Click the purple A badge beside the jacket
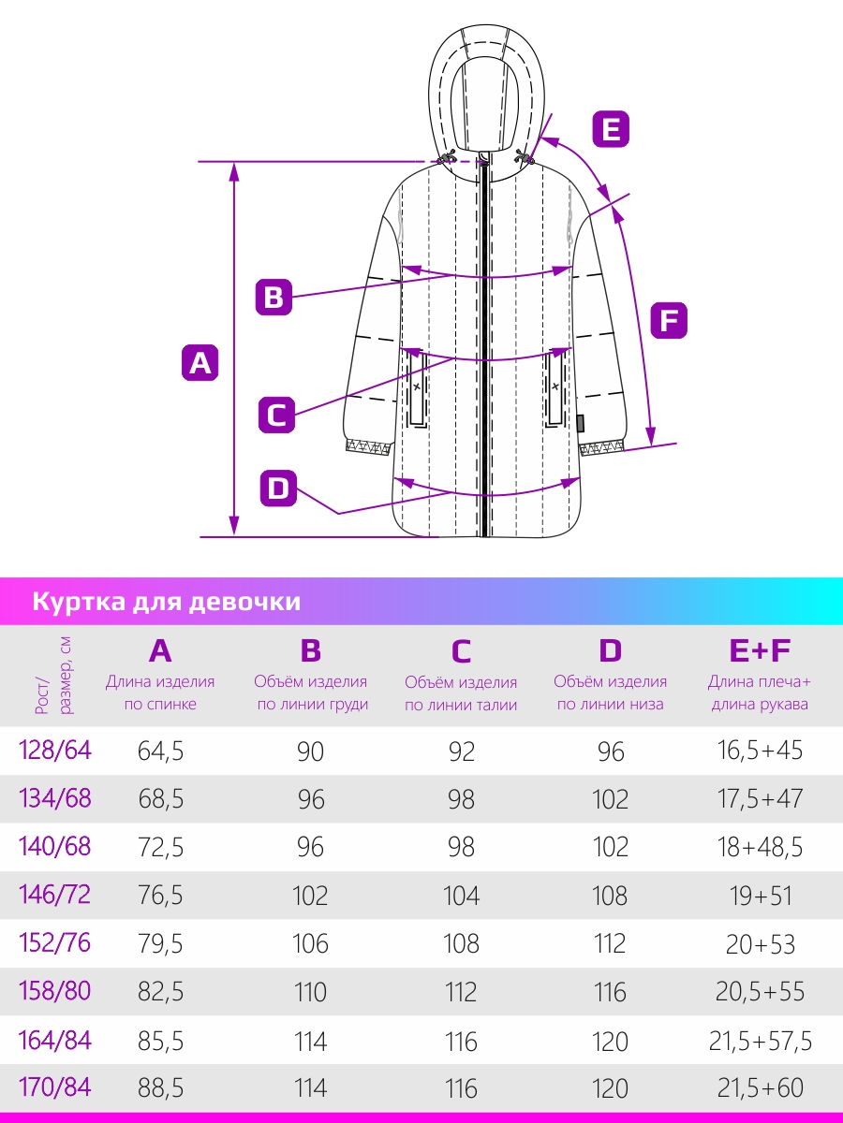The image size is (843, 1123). [x=200, y=363]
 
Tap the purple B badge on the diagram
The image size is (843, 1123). [x=274, y=297]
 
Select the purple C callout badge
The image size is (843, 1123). [x=277, y=415]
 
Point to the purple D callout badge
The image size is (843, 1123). [x=278, y=489]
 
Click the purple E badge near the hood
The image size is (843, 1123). [x=611, y=129]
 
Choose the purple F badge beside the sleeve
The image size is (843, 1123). [x=669, y=321]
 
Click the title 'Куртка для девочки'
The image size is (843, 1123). [x=167, y=602]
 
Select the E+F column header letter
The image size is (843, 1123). [x=760, y=650]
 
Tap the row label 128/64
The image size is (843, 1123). [x=54, y=751]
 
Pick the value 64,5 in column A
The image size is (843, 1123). [x=160, y=751]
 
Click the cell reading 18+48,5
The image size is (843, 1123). [x=760, y=847]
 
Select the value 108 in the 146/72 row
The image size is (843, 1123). [x=610, y=896]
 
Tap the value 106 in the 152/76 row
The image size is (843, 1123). [x=310, y=944]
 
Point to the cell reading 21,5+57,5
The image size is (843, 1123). [x=760, y=1041]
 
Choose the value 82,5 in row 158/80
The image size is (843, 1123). [x=160, y=991]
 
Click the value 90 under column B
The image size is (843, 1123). [x=310, y=751]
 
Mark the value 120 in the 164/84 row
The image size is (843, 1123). [x=610, y=1042]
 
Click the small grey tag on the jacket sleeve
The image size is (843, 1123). [x=581, y=423]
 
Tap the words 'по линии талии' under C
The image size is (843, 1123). [x=461, y=705]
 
